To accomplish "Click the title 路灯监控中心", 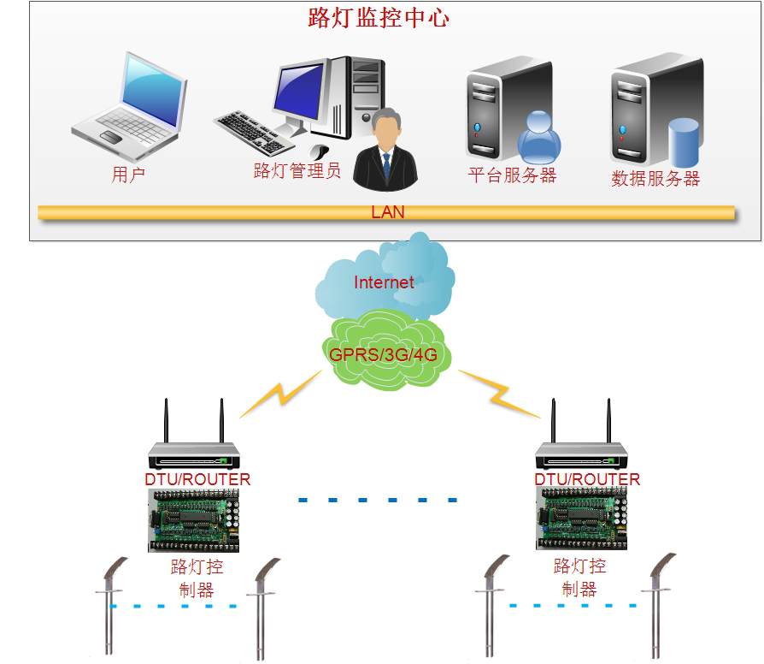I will coord(378,18).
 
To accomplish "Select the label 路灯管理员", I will coord(297,170).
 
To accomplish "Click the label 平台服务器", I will coord(511,175).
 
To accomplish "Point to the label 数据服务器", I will coord(655,179).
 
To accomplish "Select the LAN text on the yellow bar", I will coord(387,212).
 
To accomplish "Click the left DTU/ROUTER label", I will coord(197,479).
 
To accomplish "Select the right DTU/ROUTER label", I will coord(587,479).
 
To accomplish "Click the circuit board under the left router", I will coord(194,520).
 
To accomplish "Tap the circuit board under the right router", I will coord(585,520).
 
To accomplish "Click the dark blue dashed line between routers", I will coord(378,500).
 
